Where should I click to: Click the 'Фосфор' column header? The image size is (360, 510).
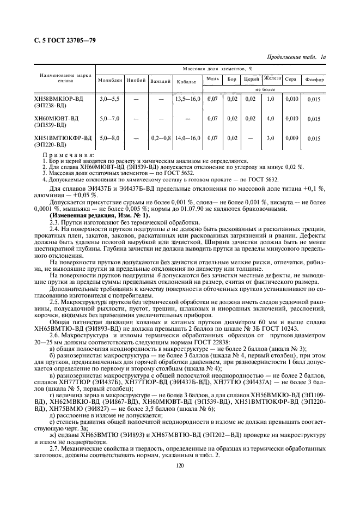coord(315,80)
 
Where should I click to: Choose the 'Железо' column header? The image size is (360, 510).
coord(271,78)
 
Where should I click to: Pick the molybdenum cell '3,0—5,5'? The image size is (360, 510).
coord(109,99)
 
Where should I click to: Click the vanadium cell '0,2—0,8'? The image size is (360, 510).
coord(161,139)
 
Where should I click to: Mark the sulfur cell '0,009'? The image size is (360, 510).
coord(292,138)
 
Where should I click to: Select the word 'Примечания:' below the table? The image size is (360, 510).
coord(67,155)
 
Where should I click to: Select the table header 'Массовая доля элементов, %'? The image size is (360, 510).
coord(221,69)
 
